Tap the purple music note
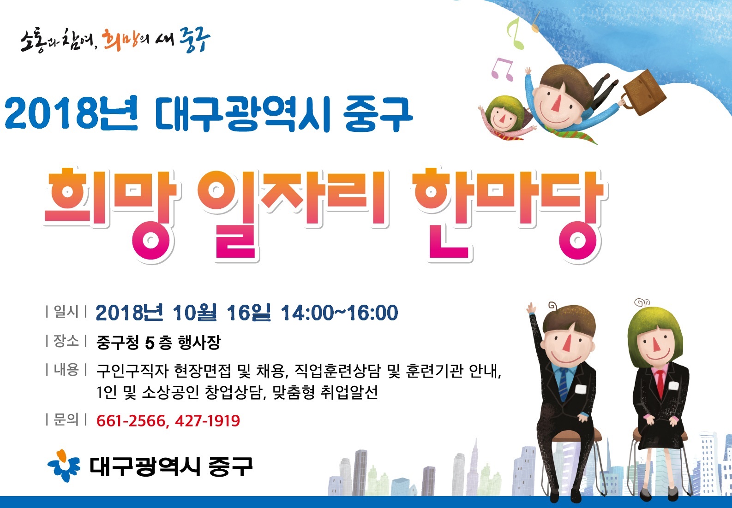tap(502, 69)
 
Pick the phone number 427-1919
tap(208, 420)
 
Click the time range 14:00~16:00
tap(340, 313)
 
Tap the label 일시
tap(66, 312)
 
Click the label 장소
tap(66, 341)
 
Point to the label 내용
tap(66, 370)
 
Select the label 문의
tap(66, 419)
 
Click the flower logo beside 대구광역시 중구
tap(64, 466)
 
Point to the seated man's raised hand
tap(531, 308)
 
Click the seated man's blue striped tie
tap(563, 384)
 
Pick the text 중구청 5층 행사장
tap(158, 343)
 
